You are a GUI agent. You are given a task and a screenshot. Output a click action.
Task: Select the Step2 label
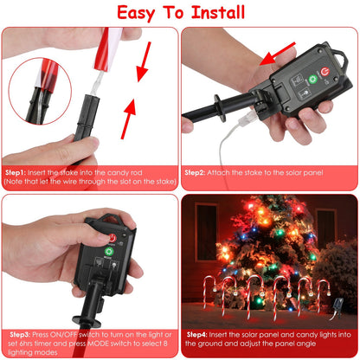click(197, 172)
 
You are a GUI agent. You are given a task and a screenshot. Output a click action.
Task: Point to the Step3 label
click(21, 332)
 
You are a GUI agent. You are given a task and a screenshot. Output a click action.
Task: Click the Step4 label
click(197, 332)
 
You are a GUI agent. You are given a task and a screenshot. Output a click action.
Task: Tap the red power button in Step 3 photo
click(111, 237)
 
